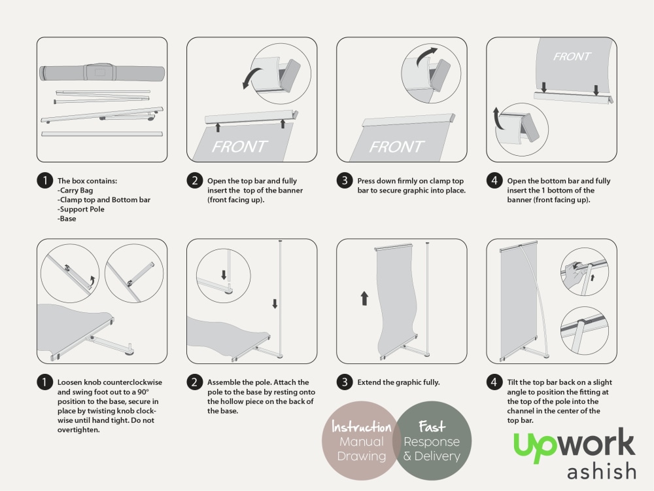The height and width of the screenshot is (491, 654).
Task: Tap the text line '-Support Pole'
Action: (x=81, y=209)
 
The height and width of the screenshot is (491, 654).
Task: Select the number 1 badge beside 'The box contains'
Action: (x=44, y=181)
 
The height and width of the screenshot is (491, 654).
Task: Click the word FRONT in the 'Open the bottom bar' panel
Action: (x=572, y=57)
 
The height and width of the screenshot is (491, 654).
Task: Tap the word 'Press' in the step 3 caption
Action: (x=367, y=181)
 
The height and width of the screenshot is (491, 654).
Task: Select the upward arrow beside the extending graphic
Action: (x=364, y=299)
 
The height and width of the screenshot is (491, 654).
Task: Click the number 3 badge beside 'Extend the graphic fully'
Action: (x=345, y=382)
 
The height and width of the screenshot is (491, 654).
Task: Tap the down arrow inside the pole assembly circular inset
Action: (x=224, y=273)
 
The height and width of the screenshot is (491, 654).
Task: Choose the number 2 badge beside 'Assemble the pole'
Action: (x=194, y=382)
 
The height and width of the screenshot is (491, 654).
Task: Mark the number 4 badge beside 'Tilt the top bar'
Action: (x=494, y=382)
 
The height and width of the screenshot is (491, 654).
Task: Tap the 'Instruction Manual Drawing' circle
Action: (x=361, y=441)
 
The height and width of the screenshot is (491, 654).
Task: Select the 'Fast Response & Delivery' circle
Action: (x=432, y=441)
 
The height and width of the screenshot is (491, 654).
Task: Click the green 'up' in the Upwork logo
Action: (x=534, y=445)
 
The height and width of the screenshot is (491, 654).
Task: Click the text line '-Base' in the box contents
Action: (x=67, y=219)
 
